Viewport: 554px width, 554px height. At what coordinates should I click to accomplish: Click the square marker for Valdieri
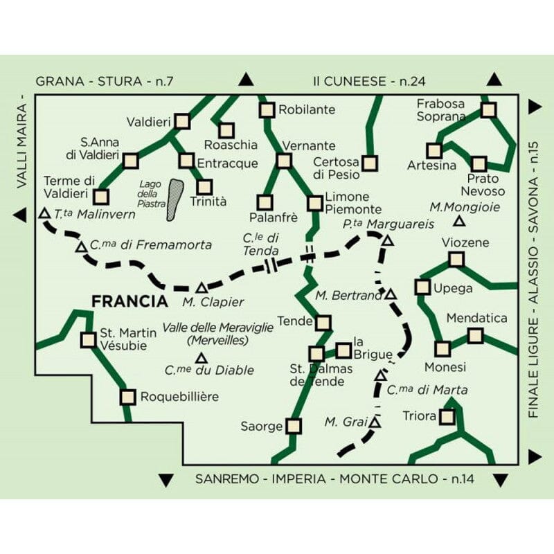point(182,121)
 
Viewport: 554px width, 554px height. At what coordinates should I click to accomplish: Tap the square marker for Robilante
point(267,109)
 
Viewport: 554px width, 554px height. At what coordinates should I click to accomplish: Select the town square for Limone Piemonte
point(315,203)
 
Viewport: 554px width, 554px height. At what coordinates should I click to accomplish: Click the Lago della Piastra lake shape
point(176,199)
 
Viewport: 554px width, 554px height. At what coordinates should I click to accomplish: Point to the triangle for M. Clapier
point(202,287)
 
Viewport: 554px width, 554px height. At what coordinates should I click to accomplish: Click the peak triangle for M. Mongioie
point(458,222)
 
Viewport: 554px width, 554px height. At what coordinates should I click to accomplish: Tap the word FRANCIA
point(129,302)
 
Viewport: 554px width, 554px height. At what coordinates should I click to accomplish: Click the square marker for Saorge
point(294,426)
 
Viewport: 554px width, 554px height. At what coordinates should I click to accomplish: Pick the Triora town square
point(447,417)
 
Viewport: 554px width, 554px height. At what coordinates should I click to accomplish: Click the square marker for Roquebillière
point(127,397)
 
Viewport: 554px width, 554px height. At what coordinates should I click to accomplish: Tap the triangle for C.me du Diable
point(202,358)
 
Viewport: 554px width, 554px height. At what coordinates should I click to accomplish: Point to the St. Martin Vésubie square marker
point(88,339)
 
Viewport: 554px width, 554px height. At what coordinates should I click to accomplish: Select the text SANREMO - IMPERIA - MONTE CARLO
point(316,479)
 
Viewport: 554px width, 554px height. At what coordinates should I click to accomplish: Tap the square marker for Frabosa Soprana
point(488,109)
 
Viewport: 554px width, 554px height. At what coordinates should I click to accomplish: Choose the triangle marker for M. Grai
point(375,422)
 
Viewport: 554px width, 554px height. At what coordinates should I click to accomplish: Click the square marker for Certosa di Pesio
point(370,163)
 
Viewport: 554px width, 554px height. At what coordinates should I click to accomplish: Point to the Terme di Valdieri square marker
point(102,197)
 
